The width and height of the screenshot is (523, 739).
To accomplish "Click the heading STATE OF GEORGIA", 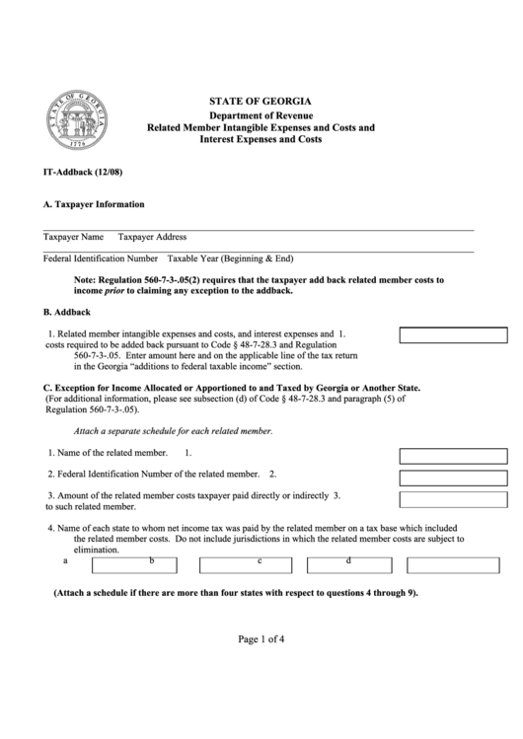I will tap(261, 102).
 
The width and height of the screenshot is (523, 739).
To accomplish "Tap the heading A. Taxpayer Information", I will tap(94, 204).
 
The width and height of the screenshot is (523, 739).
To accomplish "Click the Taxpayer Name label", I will tap(73, 237).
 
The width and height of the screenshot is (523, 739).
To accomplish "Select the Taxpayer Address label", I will tap(152, 237).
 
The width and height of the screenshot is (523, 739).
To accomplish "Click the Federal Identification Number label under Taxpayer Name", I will tap(101, 259).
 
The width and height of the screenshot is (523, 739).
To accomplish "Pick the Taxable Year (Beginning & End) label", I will tap(230, 259).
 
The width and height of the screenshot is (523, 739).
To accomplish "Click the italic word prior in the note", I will tap(117, 291).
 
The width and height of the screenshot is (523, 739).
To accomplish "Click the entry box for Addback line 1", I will tap(452, 334).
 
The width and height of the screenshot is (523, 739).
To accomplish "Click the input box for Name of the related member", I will tap(452, 456).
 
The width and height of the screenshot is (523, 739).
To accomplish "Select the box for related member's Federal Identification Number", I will tap(452, 478).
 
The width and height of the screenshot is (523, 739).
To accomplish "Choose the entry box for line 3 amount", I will tap(452, 499).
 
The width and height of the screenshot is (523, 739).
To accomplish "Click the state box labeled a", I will tap(133, 565).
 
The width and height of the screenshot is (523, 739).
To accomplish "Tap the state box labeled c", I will tap(245, 565).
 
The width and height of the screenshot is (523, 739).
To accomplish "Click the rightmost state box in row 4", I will tap(452, 565).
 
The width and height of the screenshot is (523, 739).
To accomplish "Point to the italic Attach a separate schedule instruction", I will tap(173, 432).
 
